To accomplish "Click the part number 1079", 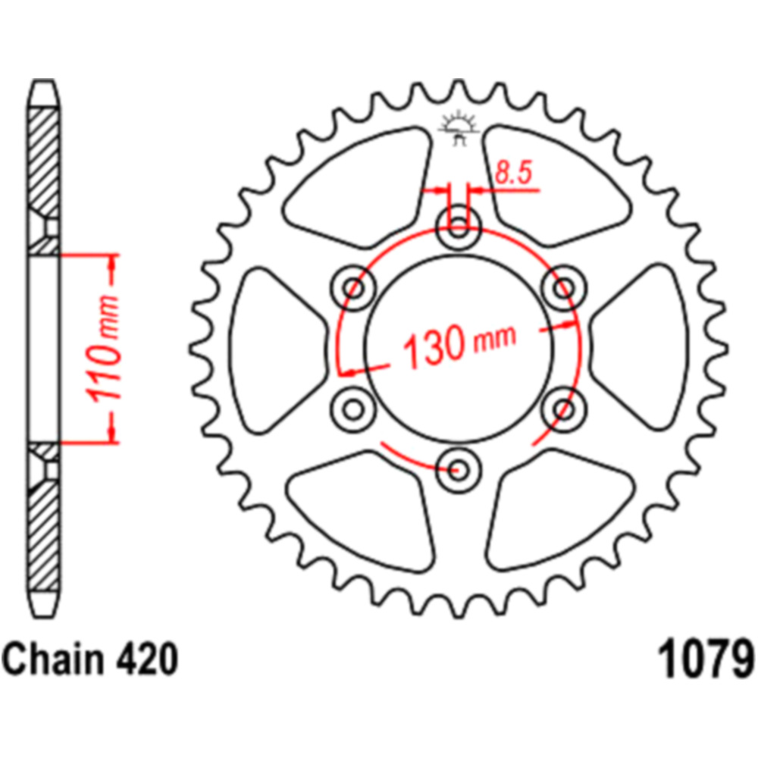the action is [705, 659].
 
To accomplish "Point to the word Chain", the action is [54, 659].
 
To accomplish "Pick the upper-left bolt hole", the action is [353, 289].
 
